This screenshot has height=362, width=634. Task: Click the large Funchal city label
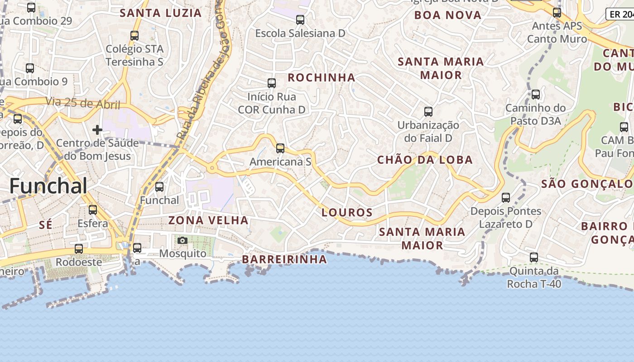coord(48,186)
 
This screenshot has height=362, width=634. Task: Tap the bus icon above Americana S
coord(280,148)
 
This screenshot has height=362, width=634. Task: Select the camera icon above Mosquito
coord(183,240)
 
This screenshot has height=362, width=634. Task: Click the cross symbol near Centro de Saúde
coord(97,130)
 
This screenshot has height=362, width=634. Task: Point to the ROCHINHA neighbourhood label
coord(322,77)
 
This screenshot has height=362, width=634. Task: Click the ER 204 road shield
coord(620,14)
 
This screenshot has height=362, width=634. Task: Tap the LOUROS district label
coord(347,212)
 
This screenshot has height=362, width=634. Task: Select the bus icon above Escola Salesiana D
coord(300,19)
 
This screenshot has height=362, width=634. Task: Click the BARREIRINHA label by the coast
coord(284,259)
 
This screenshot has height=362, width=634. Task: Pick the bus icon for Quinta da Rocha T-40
coord(534,257)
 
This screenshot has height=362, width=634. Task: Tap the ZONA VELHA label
coord(208,220)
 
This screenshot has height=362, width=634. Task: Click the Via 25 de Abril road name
coord(83,103)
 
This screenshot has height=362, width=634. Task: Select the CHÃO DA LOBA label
coord(425,160)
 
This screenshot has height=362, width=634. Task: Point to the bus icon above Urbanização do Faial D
coord(428,111)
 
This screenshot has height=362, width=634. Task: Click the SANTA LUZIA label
coord(161,13)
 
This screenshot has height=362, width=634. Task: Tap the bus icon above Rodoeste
coord(79,248)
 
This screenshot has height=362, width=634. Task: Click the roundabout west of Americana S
coord(211,168)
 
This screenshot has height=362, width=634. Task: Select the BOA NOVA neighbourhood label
coord(447,15)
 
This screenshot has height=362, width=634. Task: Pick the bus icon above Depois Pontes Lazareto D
coord(505,197)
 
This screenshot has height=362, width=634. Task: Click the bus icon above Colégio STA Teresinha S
coord(134,35)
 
